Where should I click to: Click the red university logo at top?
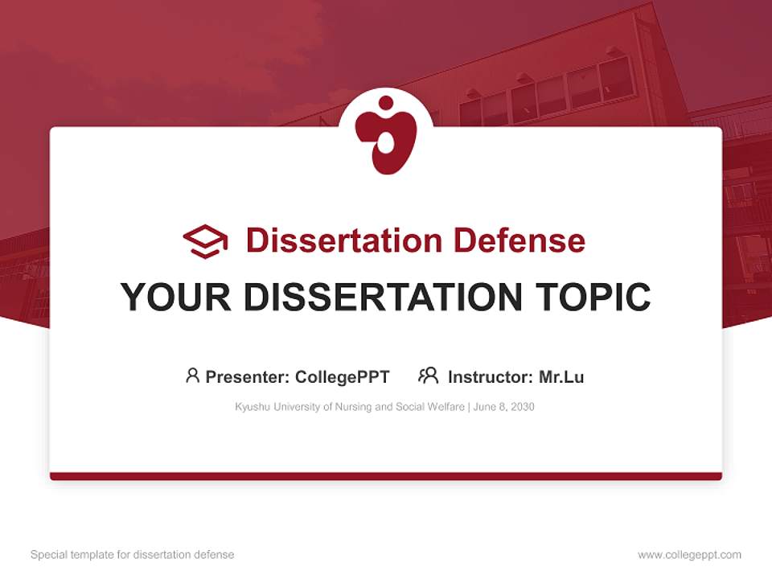(x=386, y=133)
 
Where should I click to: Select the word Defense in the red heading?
(x=518, y=240)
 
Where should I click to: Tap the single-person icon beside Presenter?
(x=192, y=376)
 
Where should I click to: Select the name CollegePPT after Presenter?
(x=342, y=377)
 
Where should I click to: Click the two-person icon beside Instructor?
(x=428, y=376)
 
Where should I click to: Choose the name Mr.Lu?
(x=561, y=377)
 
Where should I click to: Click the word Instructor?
(x=490, y=377)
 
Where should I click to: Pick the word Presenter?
(x=248, y=377)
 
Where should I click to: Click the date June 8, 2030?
(x=504, y=407)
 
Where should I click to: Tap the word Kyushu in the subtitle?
(x=251, y=407)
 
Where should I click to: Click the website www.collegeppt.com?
(x=689, y=555)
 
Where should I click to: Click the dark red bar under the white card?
(x=386, y=476)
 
